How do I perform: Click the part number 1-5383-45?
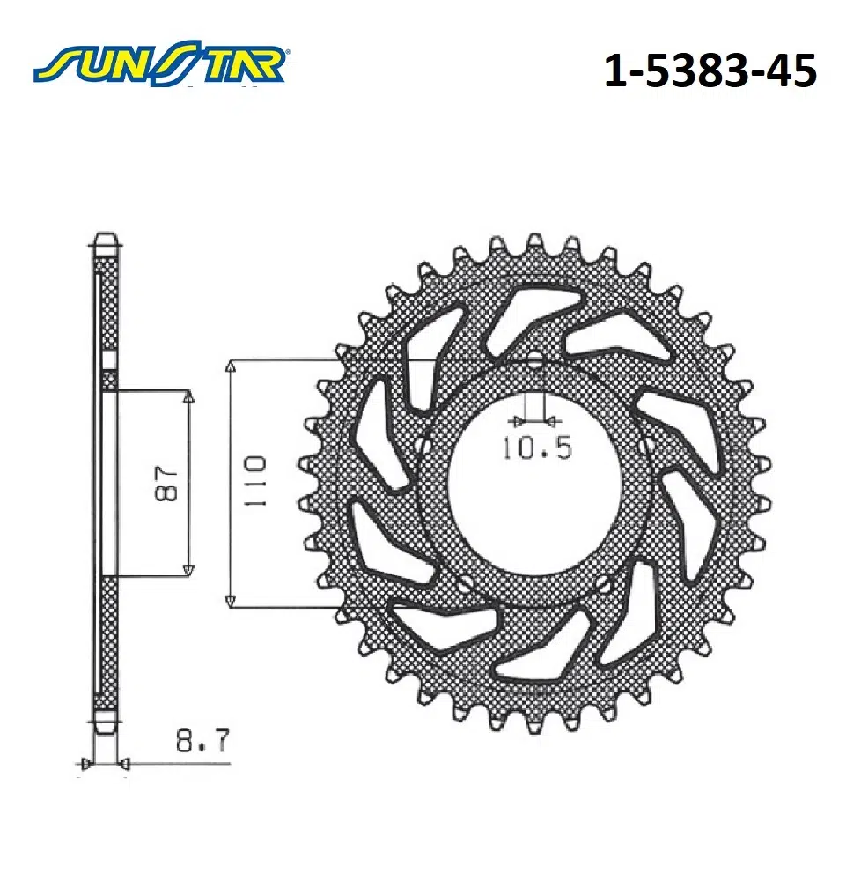(x=710, y=70)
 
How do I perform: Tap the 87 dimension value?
(x=166, y=483)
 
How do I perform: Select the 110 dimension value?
(x=254, y=482)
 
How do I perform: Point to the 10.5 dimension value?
(x=536, y=448)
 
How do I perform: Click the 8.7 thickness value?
(x=202, y=741)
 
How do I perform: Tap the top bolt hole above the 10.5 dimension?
(x=535, y=360)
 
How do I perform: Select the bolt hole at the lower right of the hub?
(x=605, y=586)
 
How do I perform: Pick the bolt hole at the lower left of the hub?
(x=464, y=586)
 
